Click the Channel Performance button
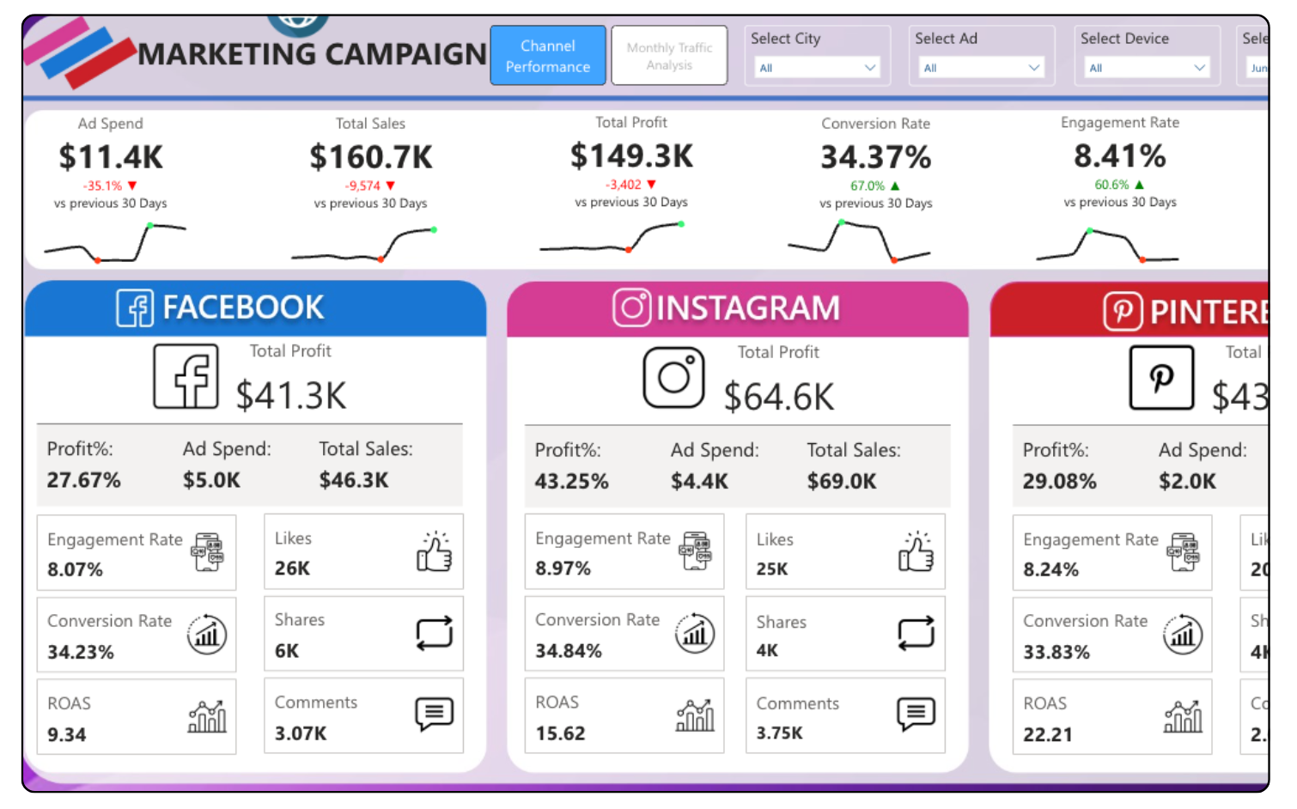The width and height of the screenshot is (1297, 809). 548,56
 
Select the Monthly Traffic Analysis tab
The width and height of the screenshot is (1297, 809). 669,56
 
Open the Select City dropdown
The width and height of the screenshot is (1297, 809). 817,68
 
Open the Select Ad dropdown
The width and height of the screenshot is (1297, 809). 981,68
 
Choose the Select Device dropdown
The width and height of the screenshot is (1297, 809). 1147,68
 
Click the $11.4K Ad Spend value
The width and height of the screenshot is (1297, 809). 111,157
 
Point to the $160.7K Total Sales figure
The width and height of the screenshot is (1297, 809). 371,157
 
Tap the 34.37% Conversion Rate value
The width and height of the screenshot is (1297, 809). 875,157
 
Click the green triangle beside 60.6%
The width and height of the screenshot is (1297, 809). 1139,185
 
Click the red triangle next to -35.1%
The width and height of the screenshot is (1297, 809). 132,186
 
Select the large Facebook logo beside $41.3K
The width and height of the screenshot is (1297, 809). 186,376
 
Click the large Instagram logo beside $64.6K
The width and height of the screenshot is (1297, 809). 673,377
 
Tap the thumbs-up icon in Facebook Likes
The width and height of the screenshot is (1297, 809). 435,551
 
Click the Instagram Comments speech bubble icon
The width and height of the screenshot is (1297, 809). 916,714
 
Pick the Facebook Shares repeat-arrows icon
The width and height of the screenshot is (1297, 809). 435,634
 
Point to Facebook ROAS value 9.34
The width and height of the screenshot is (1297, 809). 67,735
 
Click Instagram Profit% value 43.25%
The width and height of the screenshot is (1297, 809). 571,482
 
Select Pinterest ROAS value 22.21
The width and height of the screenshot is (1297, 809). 1048,735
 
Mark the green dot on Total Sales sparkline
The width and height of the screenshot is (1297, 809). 434,229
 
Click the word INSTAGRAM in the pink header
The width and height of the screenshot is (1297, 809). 747,308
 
